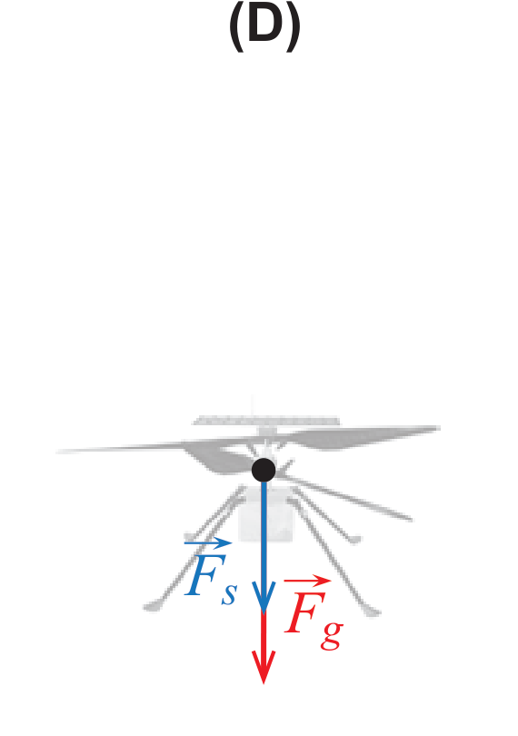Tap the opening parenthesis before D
tap(236, 27)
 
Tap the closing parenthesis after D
tap(294, 27)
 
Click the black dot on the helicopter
tap(264, 471)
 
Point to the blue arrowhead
tap(264, 596)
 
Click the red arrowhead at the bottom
tap(264, 668)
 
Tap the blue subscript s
tap(229, 595)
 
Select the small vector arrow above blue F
tap(208, 543)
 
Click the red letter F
tap(304, 612)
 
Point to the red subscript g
tap(332, 635)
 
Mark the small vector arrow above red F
tap(307, 581)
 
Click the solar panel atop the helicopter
tap(266, 420)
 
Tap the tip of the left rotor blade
tap(58, 452)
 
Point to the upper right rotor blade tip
tap(439, 428)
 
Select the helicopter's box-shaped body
tap(265, 515)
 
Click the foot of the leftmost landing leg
tap(151, 606)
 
